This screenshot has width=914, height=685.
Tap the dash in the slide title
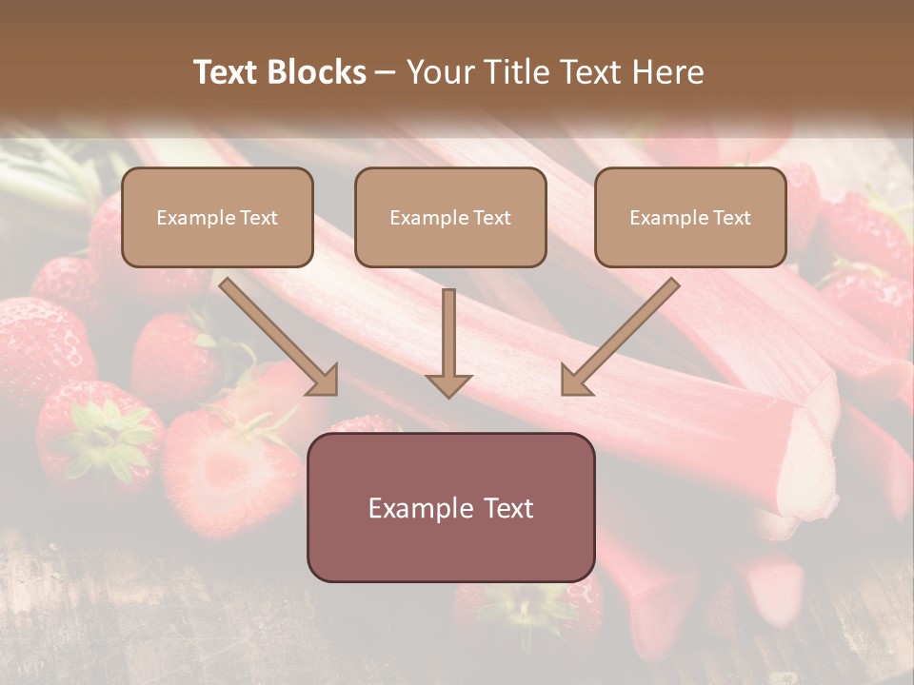point(387,73)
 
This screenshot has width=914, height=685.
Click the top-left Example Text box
point(217,217)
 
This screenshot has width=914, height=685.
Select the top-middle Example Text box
point(450,217)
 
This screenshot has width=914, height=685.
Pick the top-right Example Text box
point(690,217)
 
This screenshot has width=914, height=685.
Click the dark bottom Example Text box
point(450,508)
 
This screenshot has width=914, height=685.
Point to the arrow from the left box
point(276,333)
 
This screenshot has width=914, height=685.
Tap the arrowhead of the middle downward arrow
point(448,384)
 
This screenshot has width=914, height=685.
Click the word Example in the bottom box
point(415,508)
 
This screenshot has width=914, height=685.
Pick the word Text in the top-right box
point(731,217)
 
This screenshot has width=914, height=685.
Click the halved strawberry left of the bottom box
point(228,471)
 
